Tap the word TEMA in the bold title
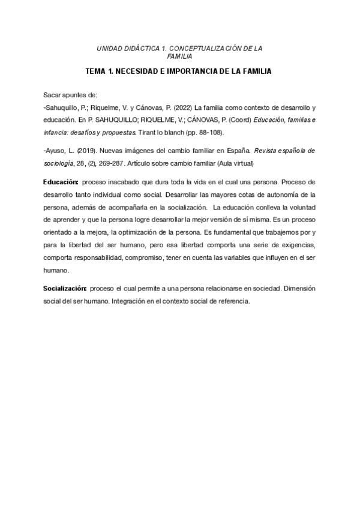coord(95,71)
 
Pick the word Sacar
coord(53,95)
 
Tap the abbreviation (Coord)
coord(236,119)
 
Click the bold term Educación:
coord(61,181)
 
